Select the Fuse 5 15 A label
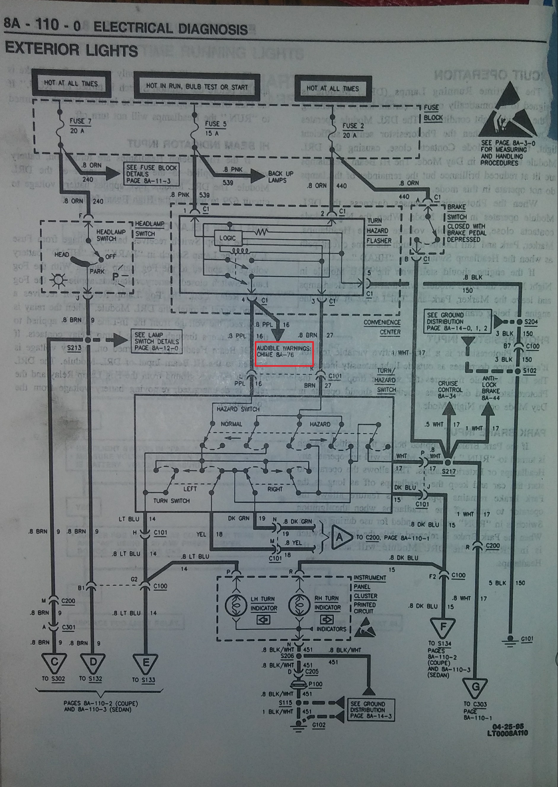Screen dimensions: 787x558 click(215, 128)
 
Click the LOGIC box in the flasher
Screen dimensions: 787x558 click(228, 238)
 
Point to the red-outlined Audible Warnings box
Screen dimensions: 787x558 click(284, 353)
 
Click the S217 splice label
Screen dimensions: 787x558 click(448, 472)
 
